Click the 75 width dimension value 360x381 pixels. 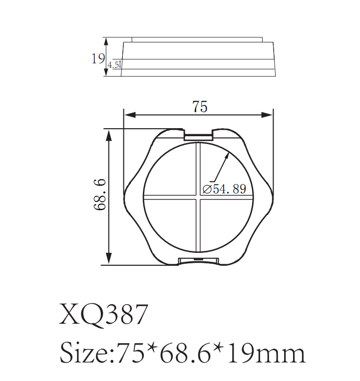(199, 107)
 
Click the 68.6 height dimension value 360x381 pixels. (101, 196)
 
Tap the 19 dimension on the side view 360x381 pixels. (97, 59)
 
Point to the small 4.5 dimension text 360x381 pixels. (114, 65)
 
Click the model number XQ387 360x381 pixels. (103, 315)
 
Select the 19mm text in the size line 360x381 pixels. (270, 353)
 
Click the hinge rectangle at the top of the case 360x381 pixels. (198, 134)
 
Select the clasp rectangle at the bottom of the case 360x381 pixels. (198, 260)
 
